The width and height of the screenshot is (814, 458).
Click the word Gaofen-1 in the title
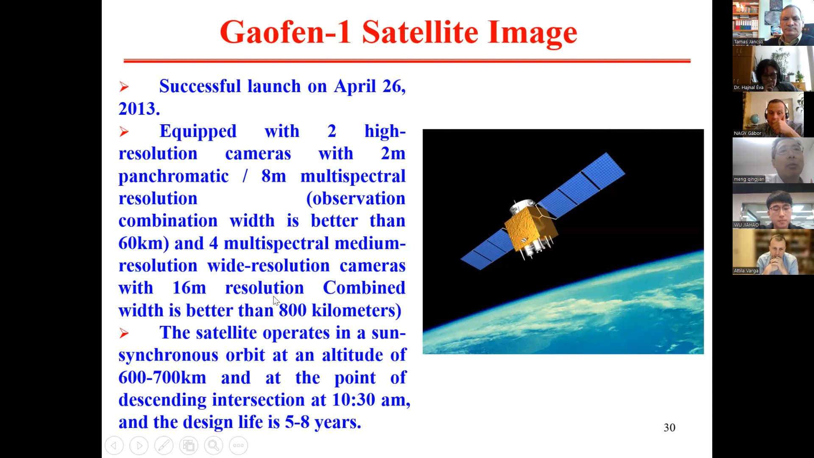click(285, 32)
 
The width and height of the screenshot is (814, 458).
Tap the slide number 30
click(669, 427)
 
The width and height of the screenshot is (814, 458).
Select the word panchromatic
click(173, 176)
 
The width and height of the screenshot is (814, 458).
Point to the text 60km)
click(144, 243)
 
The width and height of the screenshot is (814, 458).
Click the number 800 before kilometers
click(293, 310)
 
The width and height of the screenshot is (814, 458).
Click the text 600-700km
click(162, 377)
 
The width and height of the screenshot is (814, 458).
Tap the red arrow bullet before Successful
click(124, 87)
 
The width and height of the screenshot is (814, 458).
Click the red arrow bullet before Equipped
click(124, 131)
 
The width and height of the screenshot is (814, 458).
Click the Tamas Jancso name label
click(748, 42)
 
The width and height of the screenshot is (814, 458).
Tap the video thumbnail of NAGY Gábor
click(773, 114)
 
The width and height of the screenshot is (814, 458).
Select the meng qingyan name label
click(749, 179)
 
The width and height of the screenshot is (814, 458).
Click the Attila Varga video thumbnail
click(773, 252)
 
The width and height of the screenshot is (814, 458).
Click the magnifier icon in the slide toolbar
click(214, 446)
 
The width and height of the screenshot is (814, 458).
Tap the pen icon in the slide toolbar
click(164, 446)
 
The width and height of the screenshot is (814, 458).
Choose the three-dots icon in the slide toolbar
click(239, 446)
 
